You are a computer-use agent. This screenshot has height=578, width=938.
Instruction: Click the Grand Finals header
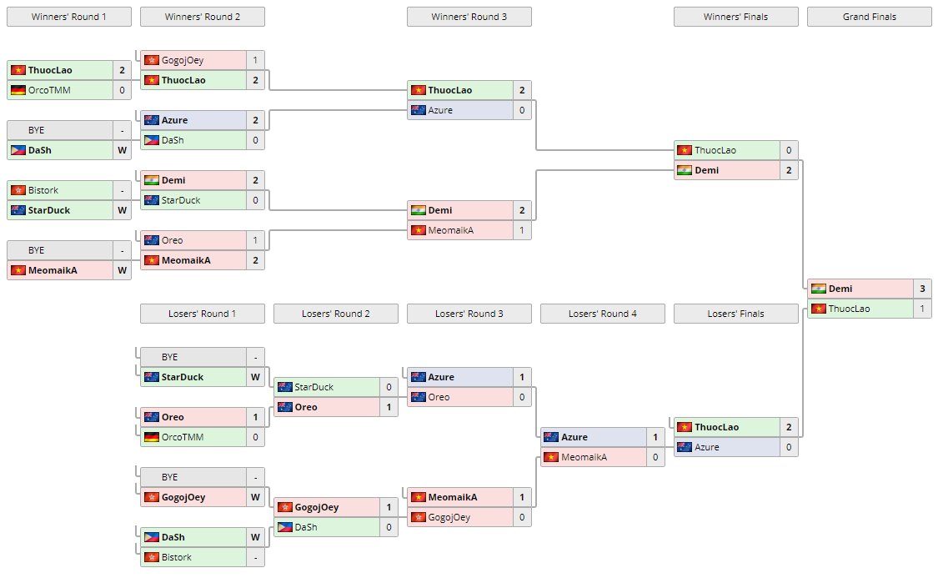[869, 17]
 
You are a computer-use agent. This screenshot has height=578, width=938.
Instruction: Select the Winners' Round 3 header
[469, 17]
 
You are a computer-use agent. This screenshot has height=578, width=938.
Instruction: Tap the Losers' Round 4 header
[602, 314]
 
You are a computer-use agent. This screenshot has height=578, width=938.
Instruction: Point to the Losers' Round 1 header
[202, 314]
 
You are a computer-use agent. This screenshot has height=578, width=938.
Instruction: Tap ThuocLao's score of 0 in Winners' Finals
[788, 150]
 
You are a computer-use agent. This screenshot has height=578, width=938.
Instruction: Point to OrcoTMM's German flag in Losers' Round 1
[151, 437]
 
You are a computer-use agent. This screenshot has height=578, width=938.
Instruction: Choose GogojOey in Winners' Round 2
[182, 60]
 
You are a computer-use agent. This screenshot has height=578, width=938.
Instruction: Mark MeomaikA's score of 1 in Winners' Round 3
[521, 230]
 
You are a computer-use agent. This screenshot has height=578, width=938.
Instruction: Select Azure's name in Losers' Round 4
[574, 437]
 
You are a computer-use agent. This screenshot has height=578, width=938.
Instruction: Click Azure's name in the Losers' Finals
[707, 447]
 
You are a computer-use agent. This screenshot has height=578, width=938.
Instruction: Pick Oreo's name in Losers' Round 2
[308, 407]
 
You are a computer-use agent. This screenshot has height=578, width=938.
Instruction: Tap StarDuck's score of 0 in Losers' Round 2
[388, 387]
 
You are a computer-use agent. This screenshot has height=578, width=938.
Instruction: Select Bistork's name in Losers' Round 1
[176, 557]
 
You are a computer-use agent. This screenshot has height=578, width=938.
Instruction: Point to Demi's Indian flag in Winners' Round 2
[151, 180]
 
